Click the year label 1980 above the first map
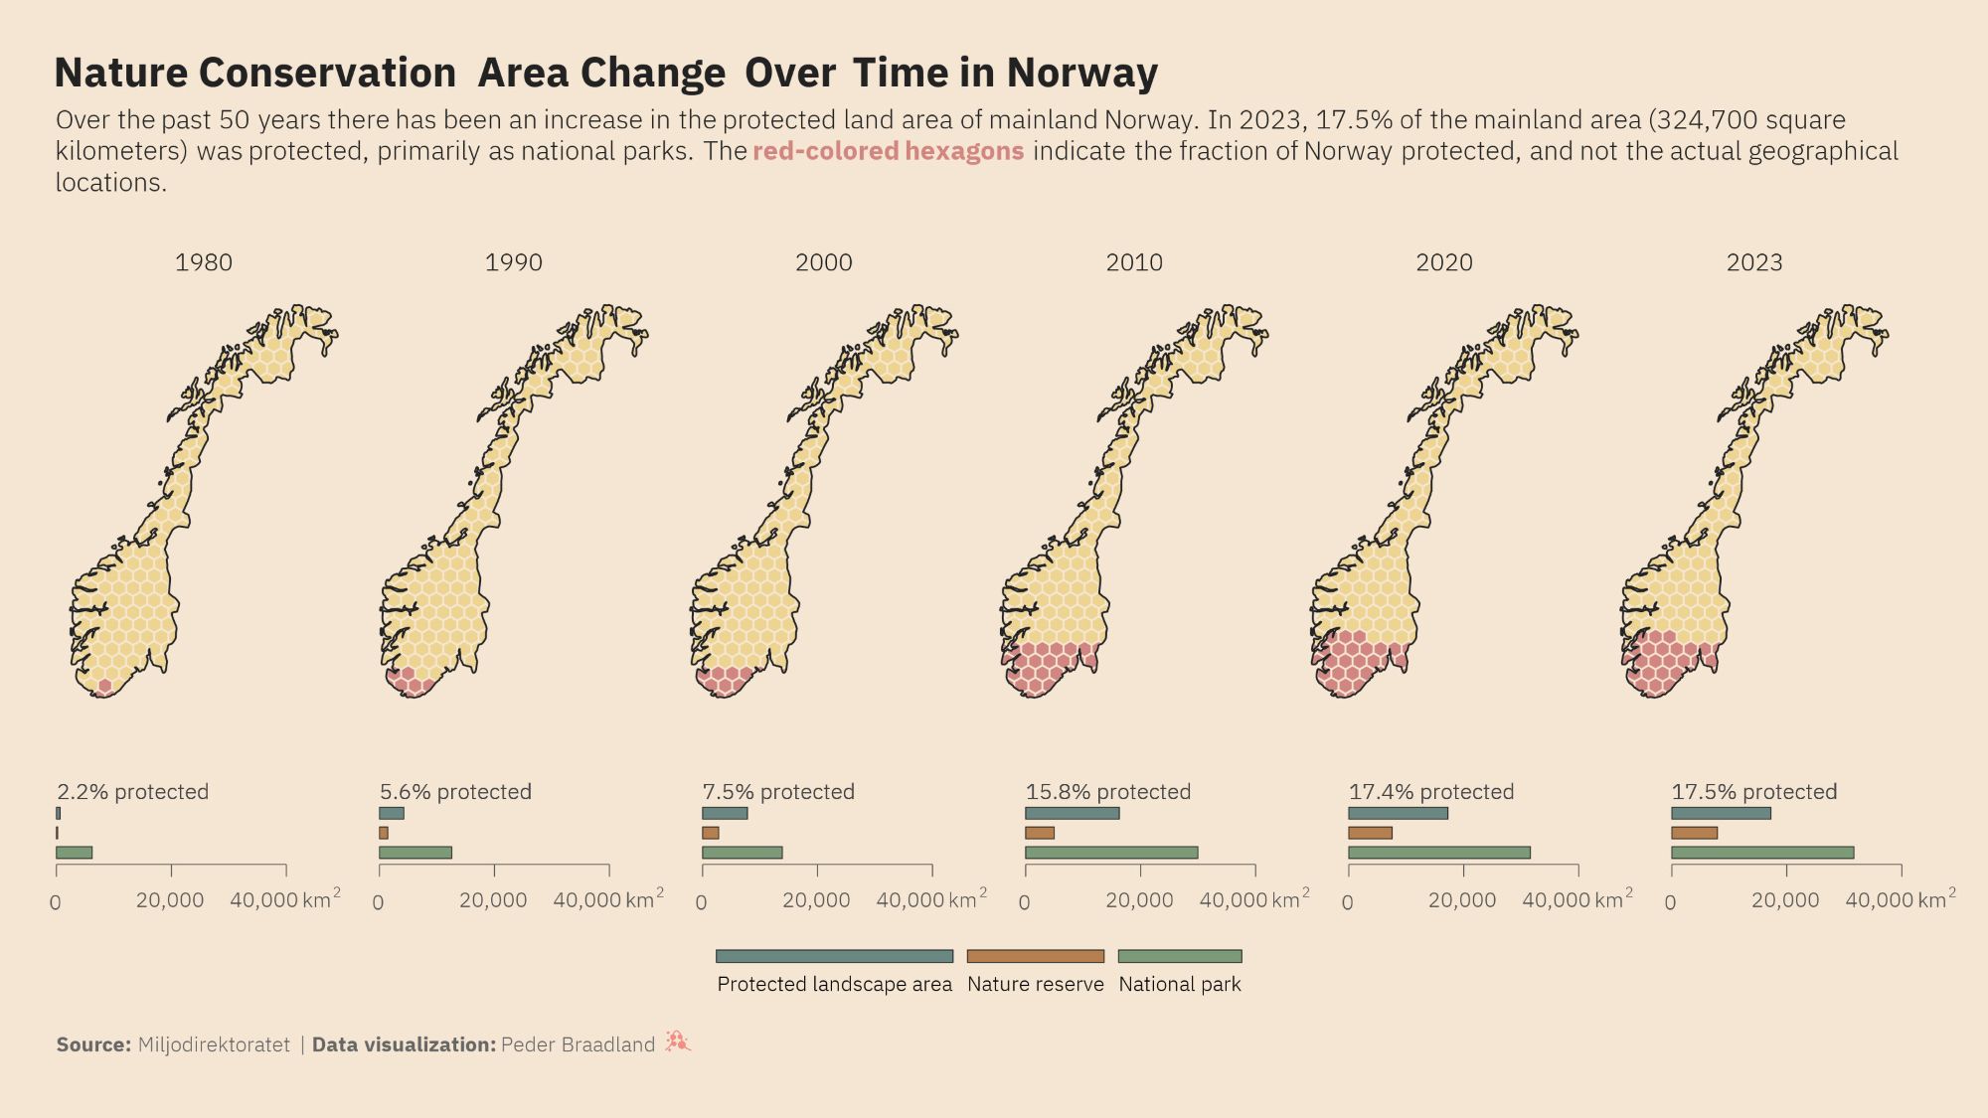coord(204,262)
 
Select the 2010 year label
coord(1134,262)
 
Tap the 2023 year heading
coord(1754,262)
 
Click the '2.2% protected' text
coord(133,792)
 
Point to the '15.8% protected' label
coord(1108,792)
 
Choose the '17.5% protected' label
coord(1754,792)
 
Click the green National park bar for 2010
coord(1111,853)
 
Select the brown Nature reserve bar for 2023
coord(1694,833)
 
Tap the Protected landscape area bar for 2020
coord(1398,813)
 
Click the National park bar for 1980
coord(75,853)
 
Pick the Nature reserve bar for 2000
coord(710,833)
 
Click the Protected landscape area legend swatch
coord(834,956)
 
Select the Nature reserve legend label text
coord(1035,984)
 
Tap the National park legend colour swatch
coord(1180,956)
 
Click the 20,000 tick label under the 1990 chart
coord(493,900)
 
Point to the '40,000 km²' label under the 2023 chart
coord(1900,899)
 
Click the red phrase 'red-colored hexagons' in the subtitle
coord(888,151)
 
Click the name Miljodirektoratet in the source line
coord(214,1044)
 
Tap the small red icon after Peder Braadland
coord(678,1041)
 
